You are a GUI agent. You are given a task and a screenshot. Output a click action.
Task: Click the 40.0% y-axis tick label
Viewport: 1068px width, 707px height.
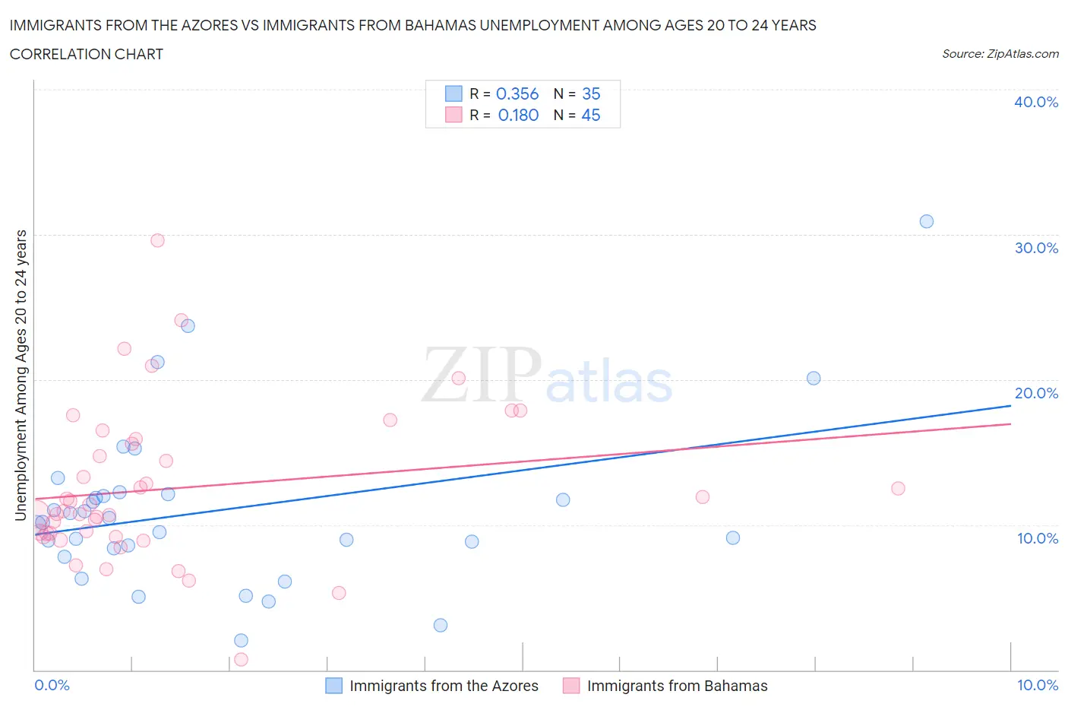pos(1036,102)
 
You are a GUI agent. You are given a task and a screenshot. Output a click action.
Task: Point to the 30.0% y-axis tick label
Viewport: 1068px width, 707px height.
pos(1036,248)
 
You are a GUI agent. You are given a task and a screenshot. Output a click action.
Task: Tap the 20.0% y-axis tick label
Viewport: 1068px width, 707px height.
pos(1036,393)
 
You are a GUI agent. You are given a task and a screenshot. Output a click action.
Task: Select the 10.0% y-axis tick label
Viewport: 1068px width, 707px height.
pos(1038,538)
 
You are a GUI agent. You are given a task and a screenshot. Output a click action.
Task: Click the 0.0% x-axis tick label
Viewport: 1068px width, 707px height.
pos(52,685)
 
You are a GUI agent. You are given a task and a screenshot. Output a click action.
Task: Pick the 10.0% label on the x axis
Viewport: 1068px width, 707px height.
pos(1038,685)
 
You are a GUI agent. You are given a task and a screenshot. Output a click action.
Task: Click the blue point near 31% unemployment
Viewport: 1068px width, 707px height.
pos(927,221)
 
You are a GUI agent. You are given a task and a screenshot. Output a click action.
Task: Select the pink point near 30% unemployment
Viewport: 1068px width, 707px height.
pos(157,240)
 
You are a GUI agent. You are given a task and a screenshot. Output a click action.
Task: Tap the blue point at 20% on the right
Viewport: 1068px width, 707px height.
pos(814,378)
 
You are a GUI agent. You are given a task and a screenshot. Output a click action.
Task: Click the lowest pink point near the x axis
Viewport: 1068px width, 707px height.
pos(241,659)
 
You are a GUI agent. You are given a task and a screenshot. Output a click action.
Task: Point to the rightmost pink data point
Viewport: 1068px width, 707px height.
pos(898,488)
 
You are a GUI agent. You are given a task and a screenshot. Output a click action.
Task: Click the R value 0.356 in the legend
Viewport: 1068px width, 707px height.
pos(517,94)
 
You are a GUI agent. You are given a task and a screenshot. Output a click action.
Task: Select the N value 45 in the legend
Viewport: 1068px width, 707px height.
pos(590,115)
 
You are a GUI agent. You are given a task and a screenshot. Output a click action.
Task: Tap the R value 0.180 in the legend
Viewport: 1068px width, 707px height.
pos(518,115)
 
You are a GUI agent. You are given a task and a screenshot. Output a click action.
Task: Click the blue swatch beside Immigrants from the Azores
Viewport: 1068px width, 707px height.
pos(333,686)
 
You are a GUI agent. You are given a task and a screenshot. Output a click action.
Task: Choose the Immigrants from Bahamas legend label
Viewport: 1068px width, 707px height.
pos(677,686)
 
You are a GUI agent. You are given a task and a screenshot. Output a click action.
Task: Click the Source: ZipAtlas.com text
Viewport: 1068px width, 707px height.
pos(1000,53)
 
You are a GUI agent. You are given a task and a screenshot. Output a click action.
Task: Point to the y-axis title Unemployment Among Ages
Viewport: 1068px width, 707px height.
pos(21,375)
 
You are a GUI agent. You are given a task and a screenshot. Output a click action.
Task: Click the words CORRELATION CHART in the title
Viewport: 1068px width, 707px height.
pos(87,54)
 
